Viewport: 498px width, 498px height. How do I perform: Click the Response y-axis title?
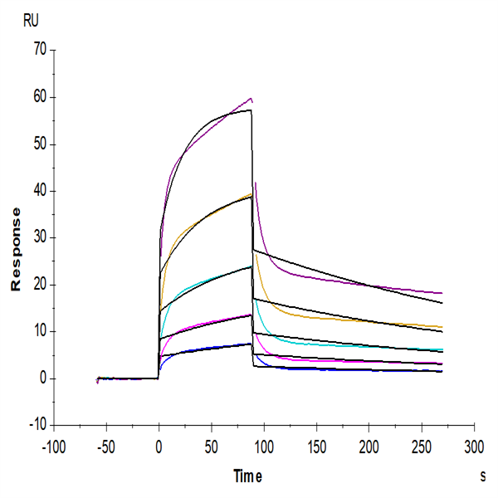[15, 248]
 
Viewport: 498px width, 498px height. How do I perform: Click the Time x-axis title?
[247, 476]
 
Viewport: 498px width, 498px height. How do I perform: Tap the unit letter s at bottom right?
[482, 476]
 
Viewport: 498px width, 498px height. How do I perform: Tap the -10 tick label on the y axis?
[37, 425]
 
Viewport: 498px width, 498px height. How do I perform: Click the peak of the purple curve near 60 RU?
[251, 99]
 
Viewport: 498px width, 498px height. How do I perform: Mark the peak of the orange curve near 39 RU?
[251, 194]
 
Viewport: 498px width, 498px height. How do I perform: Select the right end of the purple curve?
[442, 293]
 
